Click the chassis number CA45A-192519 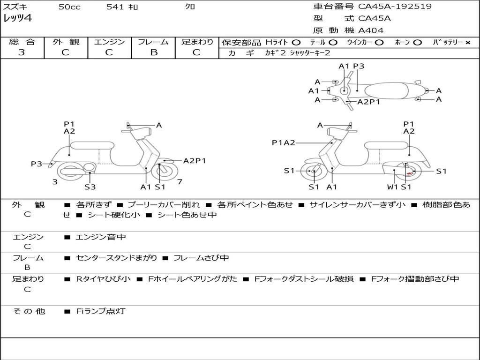(x=395, y=7)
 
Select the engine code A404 (x=371, y=30)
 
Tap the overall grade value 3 (x=22, y=52)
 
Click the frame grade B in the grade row (x=153, y=52)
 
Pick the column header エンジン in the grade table (x=109, y=42)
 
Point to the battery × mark (x=467, y=43)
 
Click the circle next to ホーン (x=417, y=43)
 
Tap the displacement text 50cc (x=69, y=7)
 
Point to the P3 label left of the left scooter (x=37, y=164)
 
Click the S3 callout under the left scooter (x=90, y=187)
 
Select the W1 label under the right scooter (x=392, y=187)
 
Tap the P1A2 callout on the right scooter (x=284, y=143)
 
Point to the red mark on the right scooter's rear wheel (x=409, y=173)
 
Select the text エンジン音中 (x=101, y=237)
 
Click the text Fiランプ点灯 (x=101, y=311)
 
